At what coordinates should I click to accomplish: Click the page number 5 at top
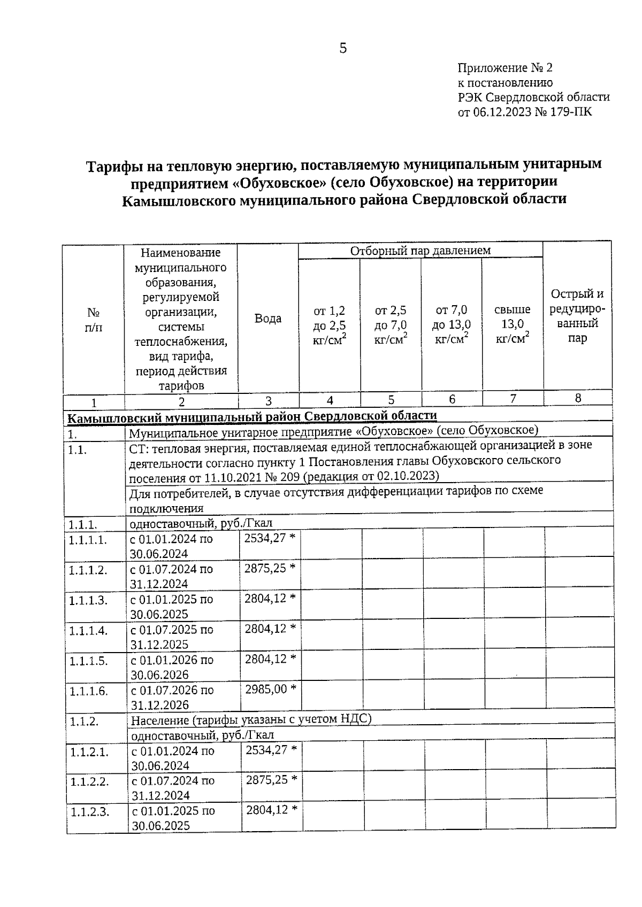(343, 49)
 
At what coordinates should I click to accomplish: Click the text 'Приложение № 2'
(505, 68)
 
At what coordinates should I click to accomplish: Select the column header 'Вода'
(268, 319)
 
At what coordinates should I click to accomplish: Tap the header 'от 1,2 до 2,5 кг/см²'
(329, 324)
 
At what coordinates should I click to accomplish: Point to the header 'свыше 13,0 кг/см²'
(513, 324)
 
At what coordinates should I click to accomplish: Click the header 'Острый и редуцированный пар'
(577, 316)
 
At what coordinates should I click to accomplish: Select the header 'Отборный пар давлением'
(420, 250)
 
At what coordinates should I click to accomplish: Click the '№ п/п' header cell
(94, 320)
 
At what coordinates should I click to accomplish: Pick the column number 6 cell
(452, 399)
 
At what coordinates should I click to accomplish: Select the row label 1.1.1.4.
(88, 631)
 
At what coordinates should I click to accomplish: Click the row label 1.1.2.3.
(90, 812)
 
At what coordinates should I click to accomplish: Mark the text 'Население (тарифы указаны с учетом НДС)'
(251, 720)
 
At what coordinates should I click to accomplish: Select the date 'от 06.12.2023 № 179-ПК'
(525, 112)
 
